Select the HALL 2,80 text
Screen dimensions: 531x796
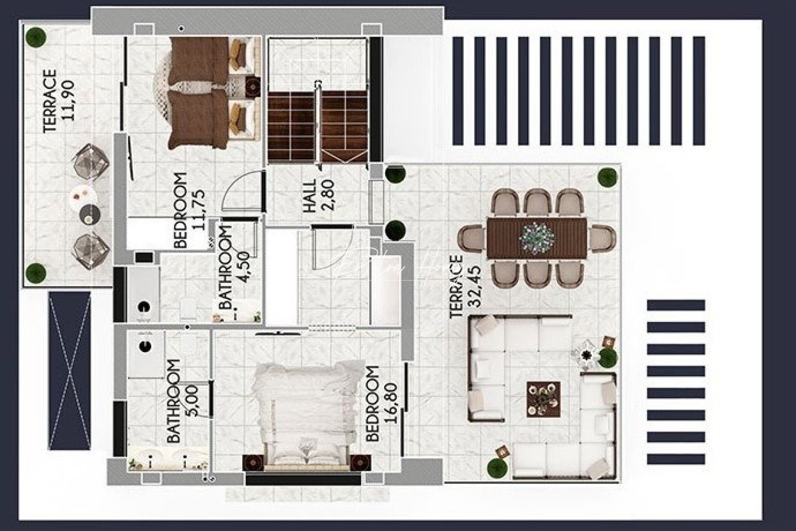(318, 196)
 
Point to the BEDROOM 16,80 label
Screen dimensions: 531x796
(380, 403)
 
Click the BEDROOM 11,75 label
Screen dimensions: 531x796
(189, 210)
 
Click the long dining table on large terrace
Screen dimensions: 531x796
(537, 238)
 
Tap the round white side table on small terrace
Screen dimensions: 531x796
(83, 194)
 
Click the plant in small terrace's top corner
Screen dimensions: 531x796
(36, 37)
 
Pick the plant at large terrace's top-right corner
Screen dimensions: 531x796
(607, 177)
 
